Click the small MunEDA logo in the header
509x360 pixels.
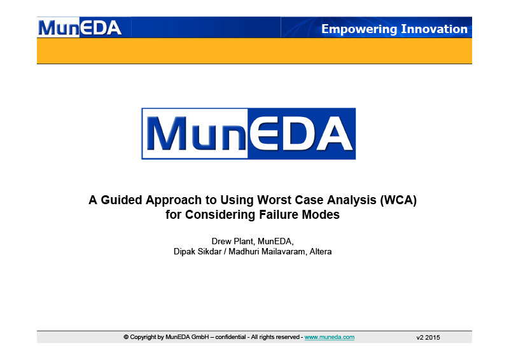(80, 27)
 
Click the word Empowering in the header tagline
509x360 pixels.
(359, 29)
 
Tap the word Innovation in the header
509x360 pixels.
(435, 29)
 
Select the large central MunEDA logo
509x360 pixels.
(249, 134)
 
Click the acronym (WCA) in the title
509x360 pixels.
(398, 200)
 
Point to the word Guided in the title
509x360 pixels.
(122, 200)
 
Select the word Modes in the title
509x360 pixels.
(321, 214)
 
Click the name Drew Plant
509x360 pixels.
(233, 241)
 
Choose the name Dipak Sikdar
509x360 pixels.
(198, 252)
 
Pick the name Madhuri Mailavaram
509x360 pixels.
(267, 252)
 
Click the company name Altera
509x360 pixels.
(321, 252)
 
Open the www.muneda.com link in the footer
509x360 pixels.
(330, 337)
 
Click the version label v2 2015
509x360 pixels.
(428, 338)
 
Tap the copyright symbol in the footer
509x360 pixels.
(126, 337)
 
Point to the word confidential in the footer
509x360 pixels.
(230, 337)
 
